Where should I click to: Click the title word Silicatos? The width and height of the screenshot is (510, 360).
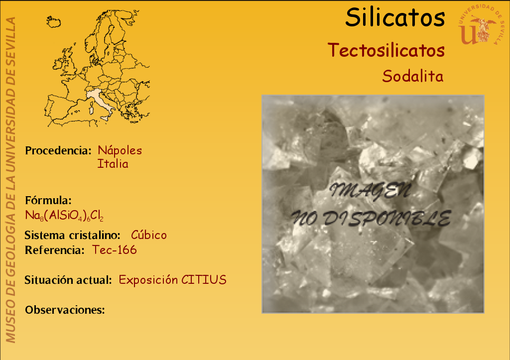coord(395,17)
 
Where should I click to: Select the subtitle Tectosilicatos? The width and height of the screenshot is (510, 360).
coord(386,50)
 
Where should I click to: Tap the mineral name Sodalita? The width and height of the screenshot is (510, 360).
coord(413,76)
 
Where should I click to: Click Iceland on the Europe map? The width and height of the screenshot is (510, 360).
coord(54,22)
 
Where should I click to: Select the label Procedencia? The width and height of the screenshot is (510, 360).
coord(58,150)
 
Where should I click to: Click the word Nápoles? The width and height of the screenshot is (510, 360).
coord(120,150)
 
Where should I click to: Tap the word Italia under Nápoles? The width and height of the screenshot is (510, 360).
coord(113,164)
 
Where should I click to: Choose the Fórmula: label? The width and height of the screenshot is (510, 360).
coord(48,200)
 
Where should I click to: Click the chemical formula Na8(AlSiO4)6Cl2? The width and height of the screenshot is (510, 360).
coord(64,216)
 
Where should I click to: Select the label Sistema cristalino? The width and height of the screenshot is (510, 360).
coord(72,235)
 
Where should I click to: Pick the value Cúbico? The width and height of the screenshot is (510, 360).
coord(148,235)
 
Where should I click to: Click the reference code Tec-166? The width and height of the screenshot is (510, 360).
coord(114,250)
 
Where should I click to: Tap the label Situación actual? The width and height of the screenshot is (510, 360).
coord(68,280)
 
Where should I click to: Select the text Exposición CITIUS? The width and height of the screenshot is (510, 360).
coord(172,280)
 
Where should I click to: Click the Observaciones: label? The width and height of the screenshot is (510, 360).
coord(65,310)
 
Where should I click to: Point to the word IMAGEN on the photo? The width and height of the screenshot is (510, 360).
coord(370,191)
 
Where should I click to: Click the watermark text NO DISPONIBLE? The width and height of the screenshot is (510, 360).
coord(371,218)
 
